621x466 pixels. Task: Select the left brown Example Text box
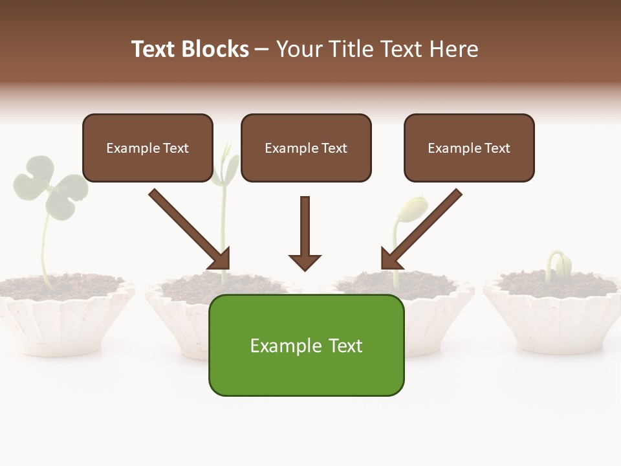pyautogui.click(x=147, y=148)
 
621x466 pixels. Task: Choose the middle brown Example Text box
pyautogui.click(x=306, y=148)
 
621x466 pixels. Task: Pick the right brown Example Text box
pyautogui.click(x=469, y=148)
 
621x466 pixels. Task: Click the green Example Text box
pyautogui.click(x=306, y=345)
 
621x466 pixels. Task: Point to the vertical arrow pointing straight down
pyautogui.click(x=305, y=233)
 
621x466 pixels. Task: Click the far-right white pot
pyautogui.click(x=553, y=324)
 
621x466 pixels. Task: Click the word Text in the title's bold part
pyautogui.click(x=153, y=49)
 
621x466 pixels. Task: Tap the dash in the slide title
pyautogui.click(x=262, y=49)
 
